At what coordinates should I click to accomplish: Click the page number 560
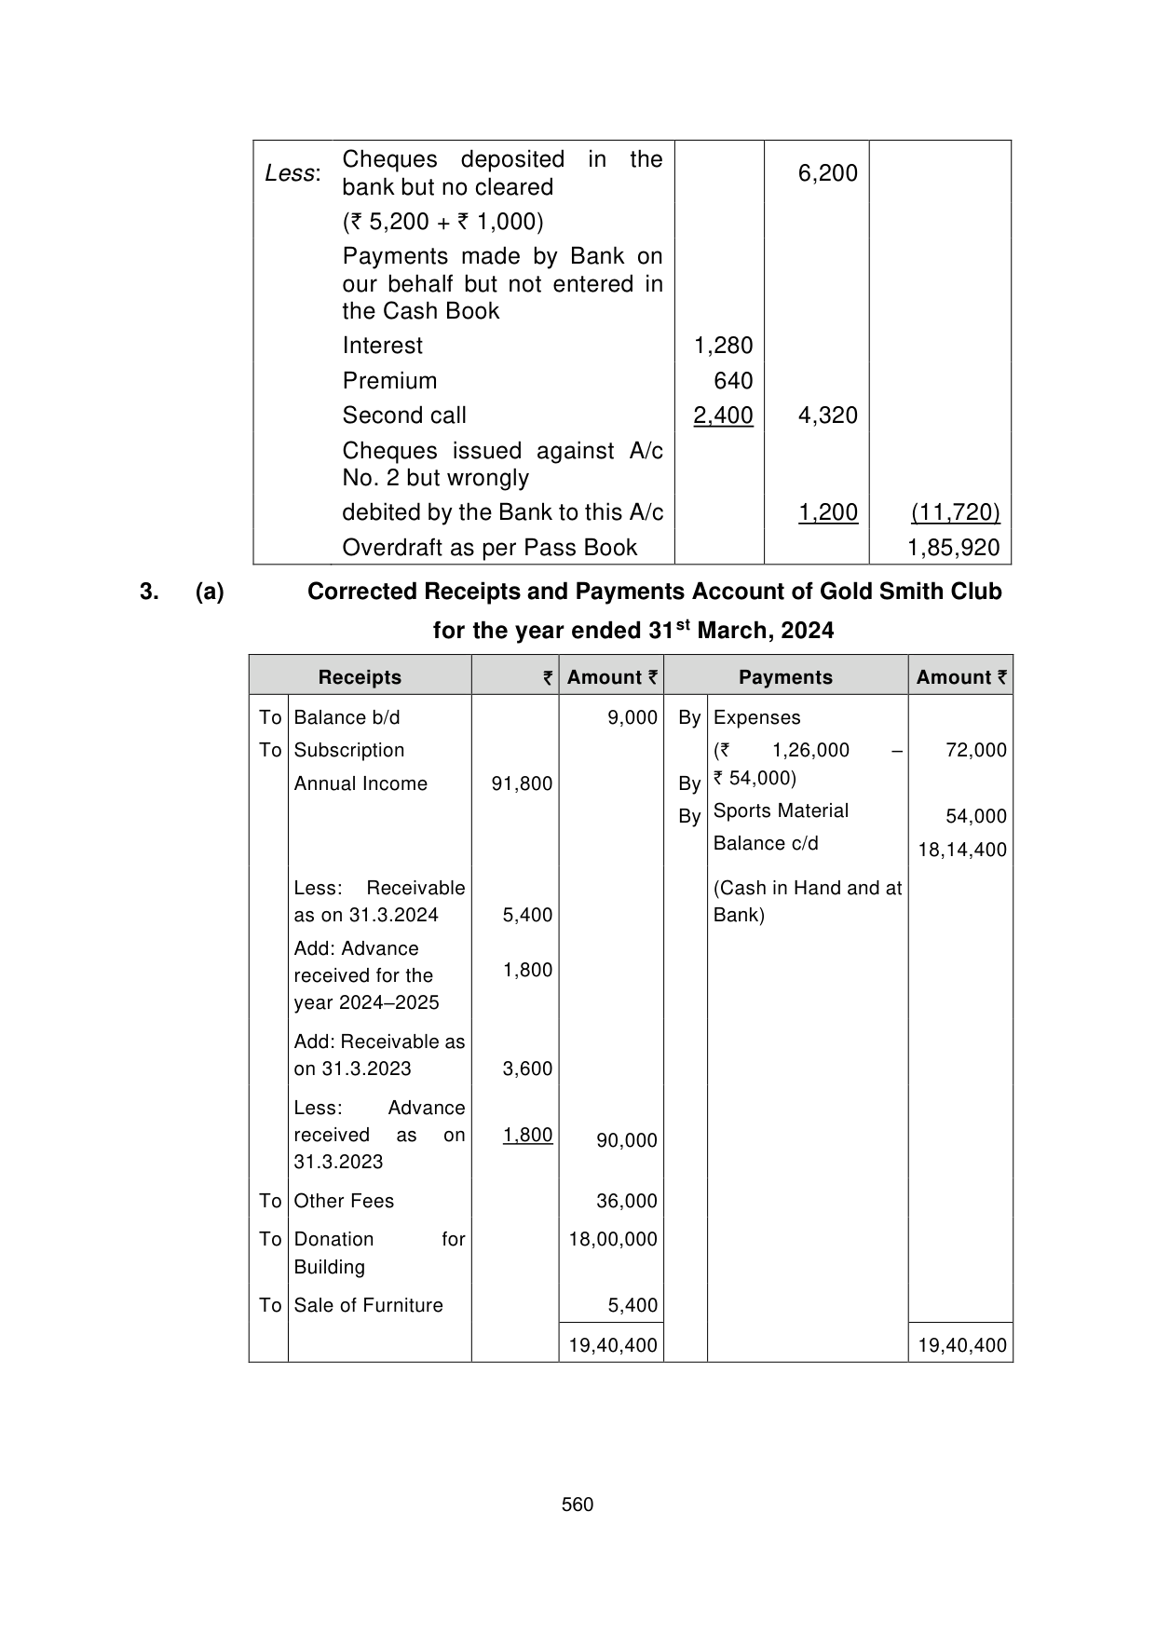tap(578, 1505)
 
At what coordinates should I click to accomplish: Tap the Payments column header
tap(785, 677)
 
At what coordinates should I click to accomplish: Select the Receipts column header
tap(360, 677)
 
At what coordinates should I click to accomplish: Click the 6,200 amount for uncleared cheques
tap(827, 173)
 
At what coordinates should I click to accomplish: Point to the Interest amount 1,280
tap(723, 346)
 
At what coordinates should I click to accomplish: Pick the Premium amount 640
tap(733, 381)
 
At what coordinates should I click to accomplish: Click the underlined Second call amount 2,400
tap(723, 415)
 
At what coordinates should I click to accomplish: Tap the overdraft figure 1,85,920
tap(953, 548)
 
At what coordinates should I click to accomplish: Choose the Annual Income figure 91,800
tap(522, 783)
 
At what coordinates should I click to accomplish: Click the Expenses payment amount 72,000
tap(975, 750)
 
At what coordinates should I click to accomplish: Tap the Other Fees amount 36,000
tap(626, 1201)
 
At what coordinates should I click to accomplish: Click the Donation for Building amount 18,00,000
tap(613, 1239)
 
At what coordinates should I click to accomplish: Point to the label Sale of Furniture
tap(368, 1305)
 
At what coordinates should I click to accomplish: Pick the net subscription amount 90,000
tap(626, 1140)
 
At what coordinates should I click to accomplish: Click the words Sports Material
tap(781, 810)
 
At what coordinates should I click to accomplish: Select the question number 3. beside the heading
tap(148, 592)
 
